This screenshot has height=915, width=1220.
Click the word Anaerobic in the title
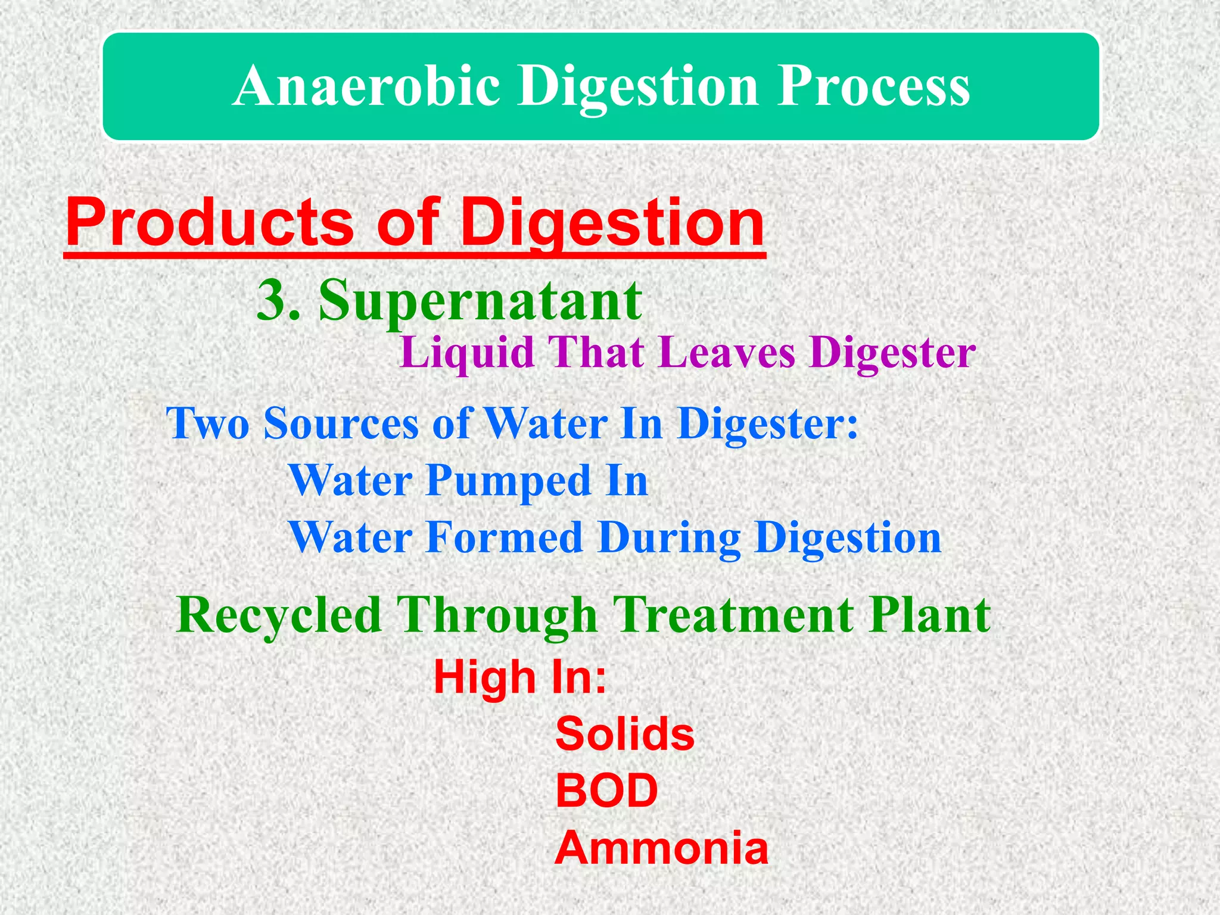click(366, 87)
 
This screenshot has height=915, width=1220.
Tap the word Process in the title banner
click(874, 87)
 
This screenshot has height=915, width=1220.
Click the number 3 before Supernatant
click(272, 300)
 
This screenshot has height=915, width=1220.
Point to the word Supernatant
click(480, 301)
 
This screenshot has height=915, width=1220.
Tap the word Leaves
click(727, 353)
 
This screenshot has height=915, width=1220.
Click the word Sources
click(341, 424)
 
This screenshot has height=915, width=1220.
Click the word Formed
click(504, 538)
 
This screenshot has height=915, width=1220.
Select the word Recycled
click(279, 616)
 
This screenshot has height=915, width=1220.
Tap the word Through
click(497, 616)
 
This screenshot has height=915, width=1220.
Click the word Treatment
click(733, 616)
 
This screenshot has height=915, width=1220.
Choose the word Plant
click(929, 616)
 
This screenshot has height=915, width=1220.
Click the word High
click(484, 678)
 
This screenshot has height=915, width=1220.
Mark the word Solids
click(625, 734)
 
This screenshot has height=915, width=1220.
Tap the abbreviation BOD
click(606, 791)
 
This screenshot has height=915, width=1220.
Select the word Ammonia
click(661, 848)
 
